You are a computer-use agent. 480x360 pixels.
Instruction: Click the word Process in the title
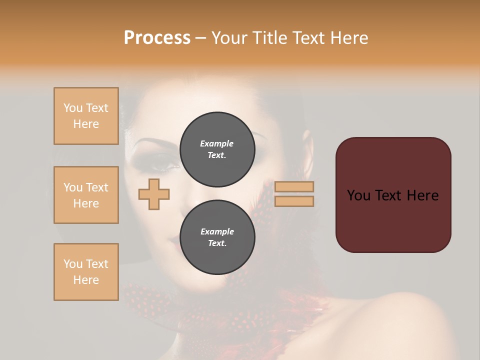pos(157,38)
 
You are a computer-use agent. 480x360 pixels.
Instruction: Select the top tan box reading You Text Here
pos(86,116)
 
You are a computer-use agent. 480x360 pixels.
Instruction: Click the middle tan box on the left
pos(86,195)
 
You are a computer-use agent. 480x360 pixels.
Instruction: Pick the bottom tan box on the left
pos(86,272)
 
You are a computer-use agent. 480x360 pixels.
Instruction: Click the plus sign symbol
pos(154,194)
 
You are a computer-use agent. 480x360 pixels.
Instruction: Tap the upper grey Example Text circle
pos(217,149)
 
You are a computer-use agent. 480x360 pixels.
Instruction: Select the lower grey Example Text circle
pos(217,237)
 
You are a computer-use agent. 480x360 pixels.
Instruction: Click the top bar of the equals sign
pos(294,186)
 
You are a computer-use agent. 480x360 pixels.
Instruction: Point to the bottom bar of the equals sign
pos(294,201)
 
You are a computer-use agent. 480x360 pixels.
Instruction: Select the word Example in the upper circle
pos(217,143)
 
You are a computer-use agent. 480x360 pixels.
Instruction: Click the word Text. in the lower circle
pos(217,243)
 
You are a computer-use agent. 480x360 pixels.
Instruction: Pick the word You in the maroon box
pos(359,195)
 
